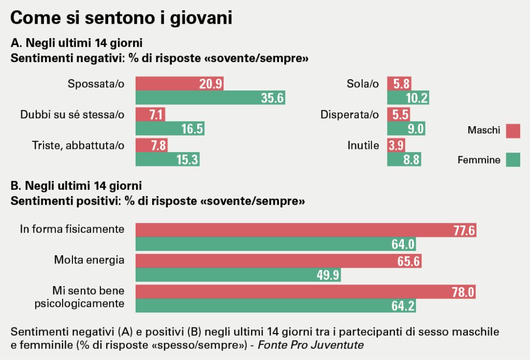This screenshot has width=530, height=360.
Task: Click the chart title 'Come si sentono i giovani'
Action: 121,18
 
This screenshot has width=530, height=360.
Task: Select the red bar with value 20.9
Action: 179,84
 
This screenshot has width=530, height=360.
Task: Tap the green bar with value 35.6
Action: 210,98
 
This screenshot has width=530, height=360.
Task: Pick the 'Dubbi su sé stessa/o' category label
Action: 72,114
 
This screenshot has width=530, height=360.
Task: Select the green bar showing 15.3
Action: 167,159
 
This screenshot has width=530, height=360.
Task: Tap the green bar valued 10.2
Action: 408,98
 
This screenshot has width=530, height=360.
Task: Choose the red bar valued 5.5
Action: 399,114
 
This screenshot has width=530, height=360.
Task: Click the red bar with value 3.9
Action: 396,145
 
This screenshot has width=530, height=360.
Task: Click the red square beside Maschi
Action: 513,131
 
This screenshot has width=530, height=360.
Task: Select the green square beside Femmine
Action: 513,160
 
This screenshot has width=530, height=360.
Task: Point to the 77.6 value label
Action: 463,231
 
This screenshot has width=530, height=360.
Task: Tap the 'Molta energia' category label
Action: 89,260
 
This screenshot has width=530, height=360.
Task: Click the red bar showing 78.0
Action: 305,292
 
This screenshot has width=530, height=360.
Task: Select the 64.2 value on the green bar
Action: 403,306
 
